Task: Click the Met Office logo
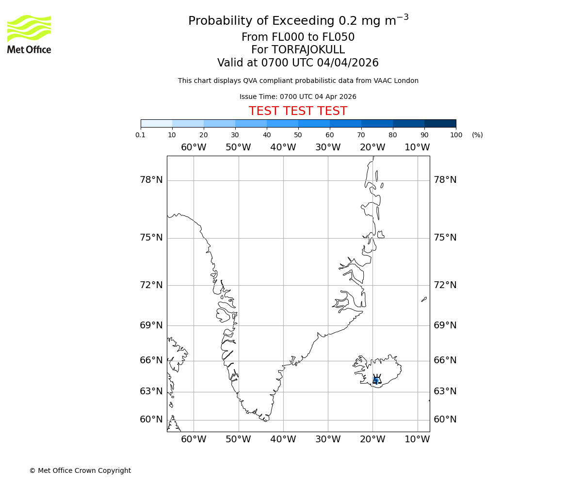click(29, 34)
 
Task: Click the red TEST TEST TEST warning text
click(298, 111)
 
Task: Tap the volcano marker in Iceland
click(376, 380)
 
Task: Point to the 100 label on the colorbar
click(456, 135)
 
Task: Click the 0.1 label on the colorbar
click(141, 135)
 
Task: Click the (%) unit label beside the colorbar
click(477, 135)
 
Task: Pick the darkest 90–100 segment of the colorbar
click(440, 123)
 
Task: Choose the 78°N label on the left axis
click(151, 180)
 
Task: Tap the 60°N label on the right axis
click(445, 420)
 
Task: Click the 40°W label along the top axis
click(283, 147)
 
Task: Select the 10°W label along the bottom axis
click(417, 439)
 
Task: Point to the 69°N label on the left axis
click(151, 325)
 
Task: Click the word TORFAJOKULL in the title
click(308, 50)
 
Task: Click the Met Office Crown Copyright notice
click(80, 470)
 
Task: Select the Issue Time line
click(298, 97)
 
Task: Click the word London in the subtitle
click(406, 81)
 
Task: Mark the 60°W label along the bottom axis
click(194, 439)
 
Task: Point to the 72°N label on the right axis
click(445, 285)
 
